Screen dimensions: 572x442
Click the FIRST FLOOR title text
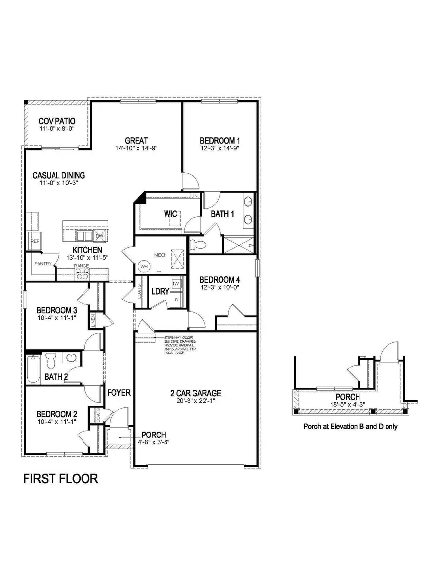coord(60,479)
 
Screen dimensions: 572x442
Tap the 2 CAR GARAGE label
coord(195,393)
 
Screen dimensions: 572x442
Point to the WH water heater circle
coord(144,266)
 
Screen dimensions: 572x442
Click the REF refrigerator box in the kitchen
coord(35,241)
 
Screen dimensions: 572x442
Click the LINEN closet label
coord(93,320)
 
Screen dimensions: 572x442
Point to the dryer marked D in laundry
coord(176,299)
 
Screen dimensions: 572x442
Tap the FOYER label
coord(119,392)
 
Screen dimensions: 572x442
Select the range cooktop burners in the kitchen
coord(82,275)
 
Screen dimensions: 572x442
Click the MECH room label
coord(161,255)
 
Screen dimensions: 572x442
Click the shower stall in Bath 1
coord(239,244)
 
